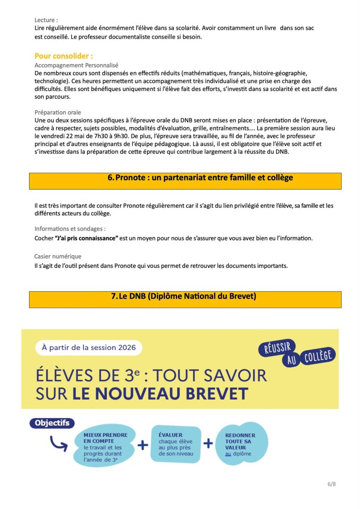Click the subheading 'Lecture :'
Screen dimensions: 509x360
46,20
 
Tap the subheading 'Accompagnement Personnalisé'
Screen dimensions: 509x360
76,66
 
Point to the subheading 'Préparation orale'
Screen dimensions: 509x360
58,113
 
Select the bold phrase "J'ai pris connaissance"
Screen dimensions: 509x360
86,238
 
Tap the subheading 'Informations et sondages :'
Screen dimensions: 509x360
70,229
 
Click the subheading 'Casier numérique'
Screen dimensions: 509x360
58,256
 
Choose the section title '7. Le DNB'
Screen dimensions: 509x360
184,296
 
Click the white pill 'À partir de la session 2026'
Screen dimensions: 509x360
89,348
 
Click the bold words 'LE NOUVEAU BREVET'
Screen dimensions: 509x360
160,394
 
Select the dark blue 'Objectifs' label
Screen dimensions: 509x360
52,423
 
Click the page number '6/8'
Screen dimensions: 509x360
331,484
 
